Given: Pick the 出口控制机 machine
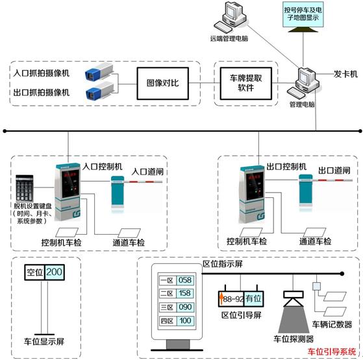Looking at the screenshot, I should click(x=255, y=188).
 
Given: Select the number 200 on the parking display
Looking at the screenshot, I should click(x=54, y=272).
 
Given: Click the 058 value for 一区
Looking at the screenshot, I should click(x=184, y=280).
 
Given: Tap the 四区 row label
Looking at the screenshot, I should click(x=166, y=321).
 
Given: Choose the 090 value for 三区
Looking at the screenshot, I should click(x=184, y=307).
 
